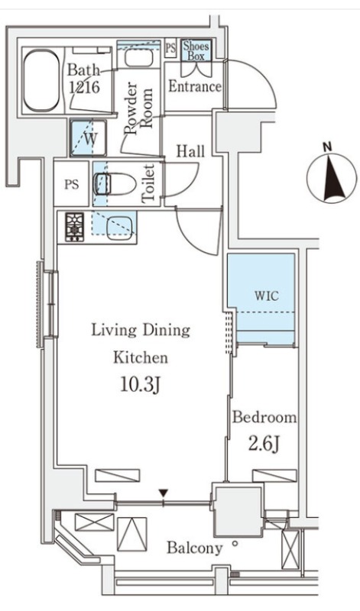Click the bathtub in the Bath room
pyautogui.click(x=42, y=80)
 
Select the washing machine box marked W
pyautogui.click(x=89, y=138)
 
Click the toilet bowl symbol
pyautogui.click(x=115, y=184)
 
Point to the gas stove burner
pyautogui.click(x=74, y=227)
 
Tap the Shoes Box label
pyautogui.click(x=196, y=50)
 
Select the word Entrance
pyautogui.click(x=195, y=86)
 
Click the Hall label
pyautogui.click(x=191, y=150)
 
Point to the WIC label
pyautogui.click(x=268, y=296)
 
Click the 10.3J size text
pyautogui.click(x=140, y=385)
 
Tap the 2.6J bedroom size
pyautogui.click(x=264, y=444)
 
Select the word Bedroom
pyautogui.click(x=264, y=418)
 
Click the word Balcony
pyautogui.click(x=195, y=548)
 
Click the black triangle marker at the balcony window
pyautogui.click(x=164, y=493)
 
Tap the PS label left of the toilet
pyautogui.click(x=71, y=185)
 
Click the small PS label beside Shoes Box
pyautogui.click(x=170, y=48)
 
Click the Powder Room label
pyautogui.click(x=138, y=108)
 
